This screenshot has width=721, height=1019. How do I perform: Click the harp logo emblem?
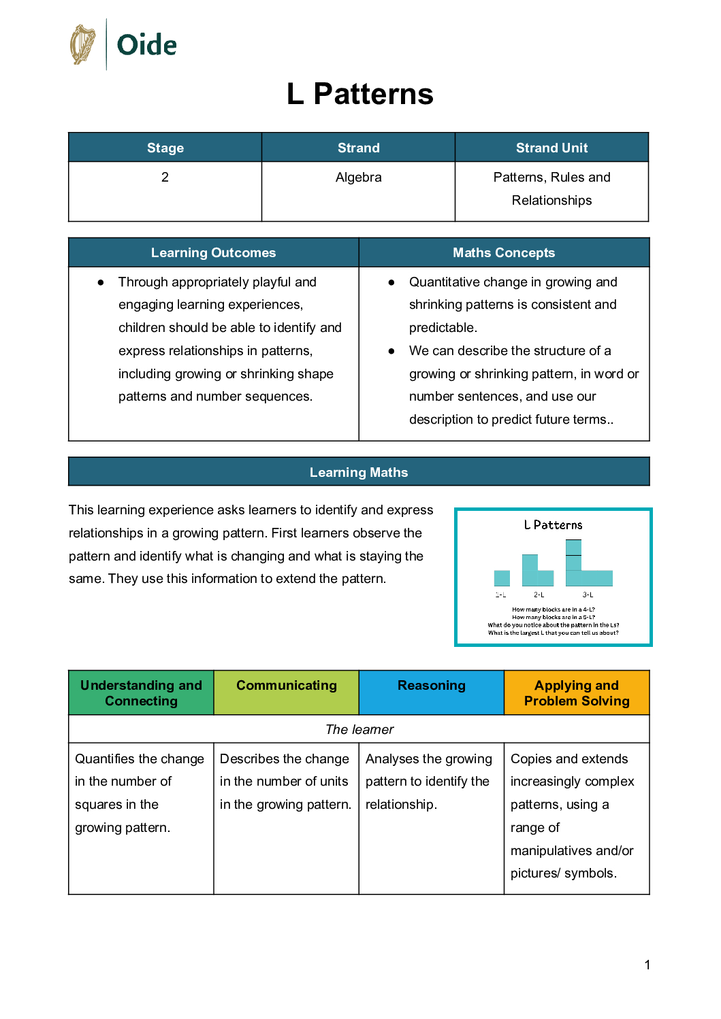click(x=83, y=45)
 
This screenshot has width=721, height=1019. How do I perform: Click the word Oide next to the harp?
click(x=146, y=46)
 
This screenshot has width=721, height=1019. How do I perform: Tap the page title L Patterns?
click(x=359, y=94)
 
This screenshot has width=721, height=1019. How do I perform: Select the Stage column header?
click(x=165, y=148)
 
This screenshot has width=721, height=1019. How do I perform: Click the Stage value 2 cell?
click(x=165, y=178)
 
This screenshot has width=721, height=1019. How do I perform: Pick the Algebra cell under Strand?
click(x=358, y=178)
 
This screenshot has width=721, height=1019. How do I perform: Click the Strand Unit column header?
click(x=551, y=148)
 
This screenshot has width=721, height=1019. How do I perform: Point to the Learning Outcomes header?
click(x=213, y=252)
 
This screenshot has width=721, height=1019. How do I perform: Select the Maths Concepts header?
click(x=504, y=252)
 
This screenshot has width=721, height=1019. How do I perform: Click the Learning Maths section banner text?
click(x=359, y=472)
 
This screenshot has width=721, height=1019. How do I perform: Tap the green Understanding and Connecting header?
click(x=141, y=692)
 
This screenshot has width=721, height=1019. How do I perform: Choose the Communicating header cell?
click(x=286, y=686)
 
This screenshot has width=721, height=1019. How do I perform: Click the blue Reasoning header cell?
click(x=432, y=686)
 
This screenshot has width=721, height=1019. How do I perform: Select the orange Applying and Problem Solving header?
click(x=577, y=692)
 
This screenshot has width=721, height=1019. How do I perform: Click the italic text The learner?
click(x=359, y=729)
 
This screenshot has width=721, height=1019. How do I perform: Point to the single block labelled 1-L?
click(x=502, y=578)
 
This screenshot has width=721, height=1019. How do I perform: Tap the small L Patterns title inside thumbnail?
click(x=553, y=525)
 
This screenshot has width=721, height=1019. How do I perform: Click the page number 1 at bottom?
click(x=647, y=965)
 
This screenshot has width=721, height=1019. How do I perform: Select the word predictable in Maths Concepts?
click(x=443, y=328)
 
